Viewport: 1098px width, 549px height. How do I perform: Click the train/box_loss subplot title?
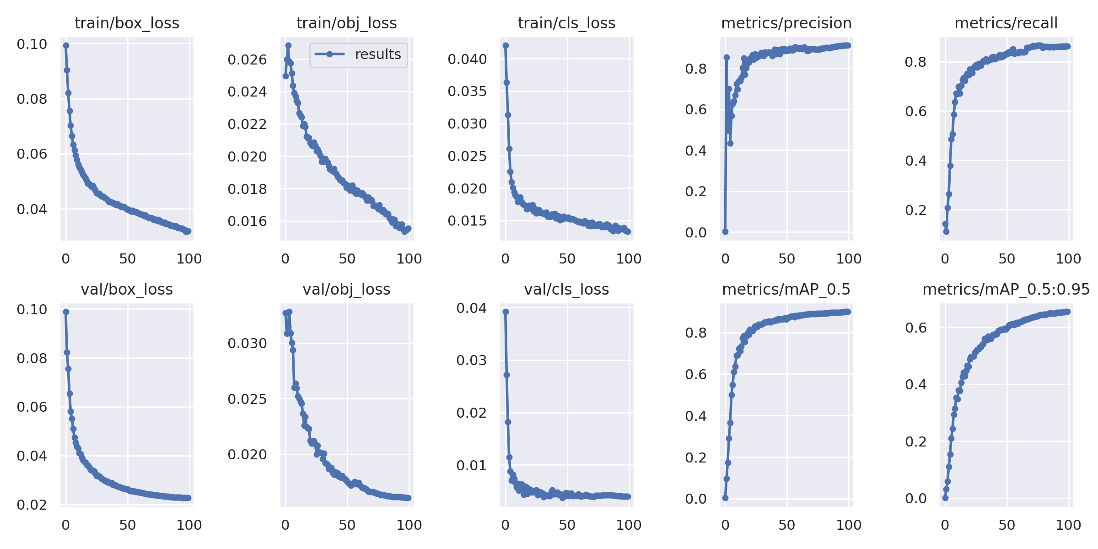point(127,23)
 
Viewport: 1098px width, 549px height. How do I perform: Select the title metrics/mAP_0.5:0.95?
point(1006,289)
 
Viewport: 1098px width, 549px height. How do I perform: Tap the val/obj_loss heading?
point(346,289)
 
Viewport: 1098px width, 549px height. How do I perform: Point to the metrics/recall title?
point(1006,23)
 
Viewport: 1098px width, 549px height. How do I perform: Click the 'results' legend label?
point(378,54)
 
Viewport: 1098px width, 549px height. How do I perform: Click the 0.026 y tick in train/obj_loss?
point(247,59)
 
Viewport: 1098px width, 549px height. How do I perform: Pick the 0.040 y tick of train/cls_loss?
point(467,59)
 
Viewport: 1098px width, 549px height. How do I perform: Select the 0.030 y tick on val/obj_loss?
point(247,343)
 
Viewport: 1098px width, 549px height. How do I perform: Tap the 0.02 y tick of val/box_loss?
point(32,505)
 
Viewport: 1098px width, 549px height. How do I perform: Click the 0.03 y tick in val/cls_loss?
point(471,360)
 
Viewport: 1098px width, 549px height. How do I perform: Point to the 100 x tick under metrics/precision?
point(849,258)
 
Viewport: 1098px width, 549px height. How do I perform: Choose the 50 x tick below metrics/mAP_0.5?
point(786,525)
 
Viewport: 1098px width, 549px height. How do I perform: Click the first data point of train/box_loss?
point(66,45)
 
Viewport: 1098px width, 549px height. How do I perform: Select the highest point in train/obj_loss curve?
point(288,45)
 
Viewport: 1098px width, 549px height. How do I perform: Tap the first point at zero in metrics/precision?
point(725,232)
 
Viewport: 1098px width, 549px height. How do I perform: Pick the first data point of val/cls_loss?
point(506,312)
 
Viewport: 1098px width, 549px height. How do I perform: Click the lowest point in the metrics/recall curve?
point(946,232)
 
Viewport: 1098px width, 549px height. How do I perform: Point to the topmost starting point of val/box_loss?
point(66,312)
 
